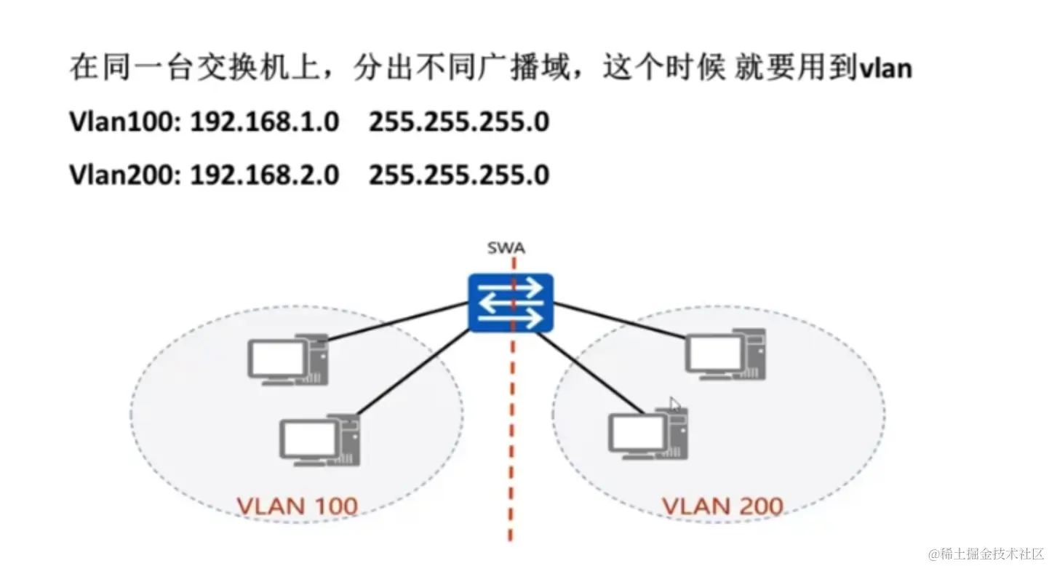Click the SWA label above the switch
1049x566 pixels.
(506, 249)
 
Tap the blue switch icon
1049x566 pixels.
(511, 302)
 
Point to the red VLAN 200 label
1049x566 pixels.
(722, 505)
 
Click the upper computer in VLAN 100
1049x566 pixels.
(287, 358)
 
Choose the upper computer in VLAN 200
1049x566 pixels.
(725, 354)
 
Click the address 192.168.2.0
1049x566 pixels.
(265, 175)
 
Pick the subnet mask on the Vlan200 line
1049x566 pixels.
(458, 175)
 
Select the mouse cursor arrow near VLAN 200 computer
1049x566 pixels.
(675, 404)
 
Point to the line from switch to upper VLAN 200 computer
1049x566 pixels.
(618, 315)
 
